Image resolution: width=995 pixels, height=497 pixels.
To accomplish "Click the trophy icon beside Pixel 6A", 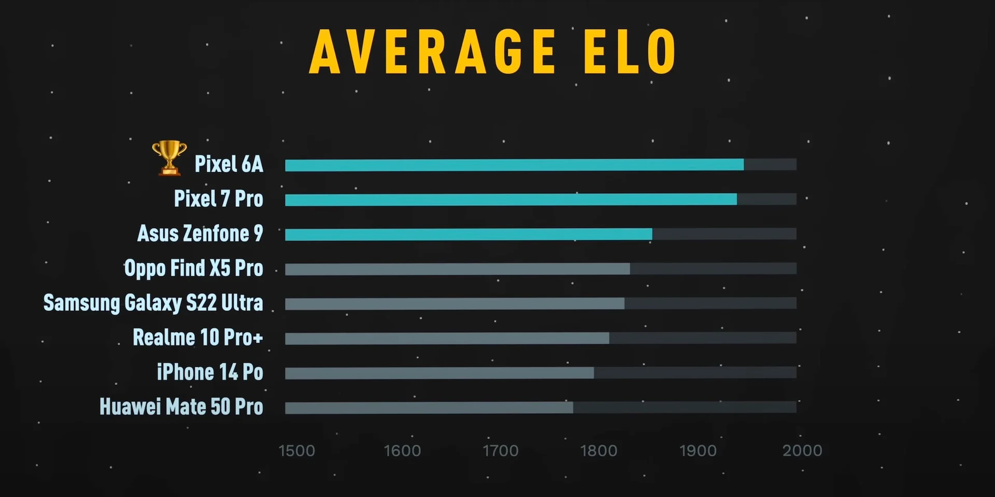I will click(x=169, y=158).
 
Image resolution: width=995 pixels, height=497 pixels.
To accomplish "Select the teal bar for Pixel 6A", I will click(x=514, y=165).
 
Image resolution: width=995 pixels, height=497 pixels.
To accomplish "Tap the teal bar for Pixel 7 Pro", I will click(x=510, y=200).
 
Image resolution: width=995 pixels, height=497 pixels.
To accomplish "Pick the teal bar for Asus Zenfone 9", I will click(x=468, y=234).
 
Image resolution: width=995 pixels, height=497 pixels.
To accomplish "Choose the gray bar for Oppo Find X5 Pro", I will click(x=457, y=269).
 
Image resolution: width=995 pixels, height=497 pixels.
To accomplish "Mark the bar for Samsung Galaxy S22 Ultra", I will click(x=454, y=304).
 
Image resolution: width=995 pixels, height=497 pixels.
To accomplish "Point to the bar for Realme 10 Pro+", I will click(x=447, y=338).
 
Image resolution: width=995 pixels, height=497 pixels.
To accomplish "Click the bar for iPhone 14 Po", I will click(x=439, y=373).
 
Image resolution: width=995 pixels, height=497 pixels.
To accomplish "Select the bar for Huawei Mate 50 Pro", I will click(x=429, y=408).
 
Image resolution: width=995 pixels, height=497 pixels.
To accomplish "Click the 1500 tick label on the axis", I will click(x=297, y=451).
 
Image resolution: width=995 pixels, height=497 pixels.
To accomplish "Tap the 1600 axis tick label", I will click(x=402, y=451).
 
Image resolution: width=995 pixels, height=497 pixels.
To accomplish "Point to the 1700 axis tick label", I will click(x=501, y=451).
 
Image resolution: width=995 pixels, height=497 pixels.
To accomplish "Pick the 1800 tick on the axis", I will click(x=599, y=451).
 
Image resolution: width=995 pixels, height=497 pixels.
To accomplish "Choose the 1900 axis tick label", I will click(x=698, y=451).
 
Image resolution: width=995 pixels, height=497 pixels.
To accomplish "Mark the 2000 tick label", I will click(x=802, y=451).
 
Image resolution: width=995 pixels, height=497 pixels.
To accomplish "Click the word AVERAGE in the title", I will click(x=433, y=52).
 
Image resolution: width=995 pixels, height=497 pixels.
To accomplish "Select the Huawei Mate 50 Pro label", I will click(x=181, y=407).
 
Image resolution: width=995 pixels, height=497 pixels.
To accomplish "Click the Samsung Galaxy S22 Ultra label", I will click(x=153, y=303).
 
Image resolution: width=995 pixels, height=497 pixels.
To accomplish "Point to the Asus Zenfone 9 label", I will click(x=200, y=234).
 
